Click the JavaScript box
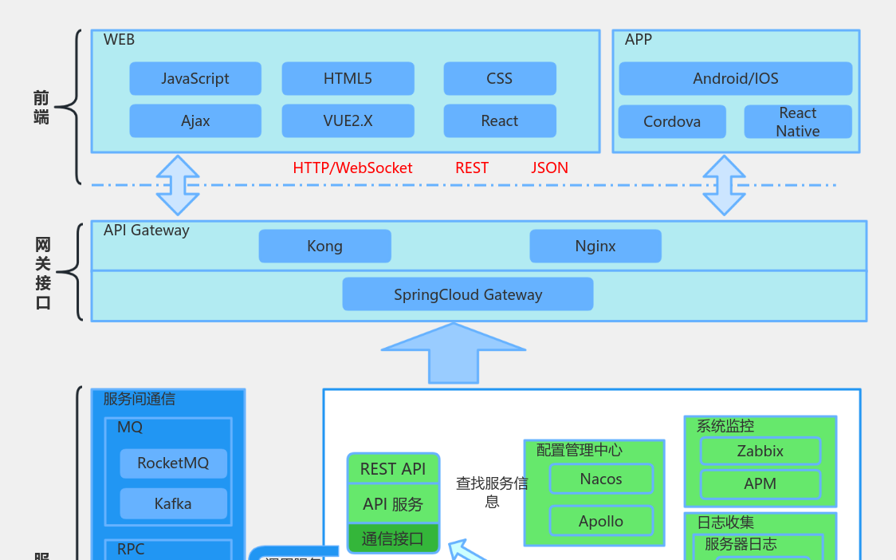tap(195, 79)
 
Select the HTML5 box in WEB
tap(348, 79)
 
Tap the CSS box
tap(500, 79)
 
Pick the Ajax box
tap(195, 121)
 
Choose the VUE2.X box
tap(348, 121)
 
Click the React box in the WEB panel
tap(500, 121)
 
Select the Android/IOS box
tap(735, 79)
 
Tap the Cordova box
tap(672, 122)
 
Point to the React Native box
tap(798, 122)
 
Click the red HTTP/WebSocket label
tap(352, 168)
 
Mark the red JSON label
tap(549, 168)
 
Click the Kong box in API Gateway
tap(324, 246)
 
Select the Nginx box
tap(595, 246)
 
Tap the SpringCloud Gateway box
tap(468, 294)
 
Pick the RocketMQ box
tap(173, 463)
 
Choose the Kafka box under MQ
tap(173, 504)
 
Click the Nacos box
tap(601, 479)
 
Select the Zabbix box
tap(760, 452)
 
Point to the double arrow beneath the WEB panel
tap(178, 185)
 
